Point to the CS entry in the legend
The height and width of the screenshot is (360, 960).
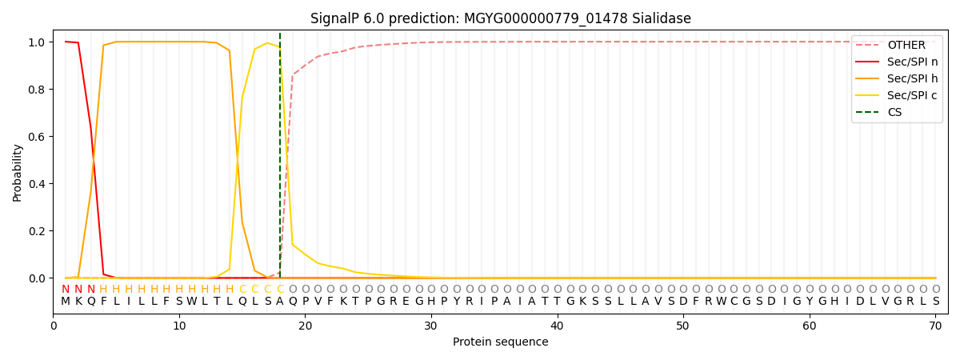pos(894,112)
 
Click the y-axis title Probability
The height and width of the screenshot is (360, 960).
pos(18,172)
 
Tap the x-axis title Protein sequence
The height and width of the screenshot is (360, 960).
pos(500,342)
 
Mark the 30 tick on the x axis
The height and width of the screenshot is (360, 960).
pos(431,326)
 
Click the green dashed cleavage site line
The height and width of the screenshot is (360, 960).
pos(280,160)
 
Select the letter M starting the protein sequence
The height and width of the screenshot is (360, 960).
pos(66,302)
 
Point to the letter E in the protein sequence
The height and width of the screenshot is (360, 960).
pos(406,302)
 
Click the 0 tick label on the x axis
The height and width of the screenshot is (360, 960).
pos(54,326)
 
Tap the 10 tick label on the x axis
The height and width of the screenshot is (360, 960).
pos(179,326)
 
